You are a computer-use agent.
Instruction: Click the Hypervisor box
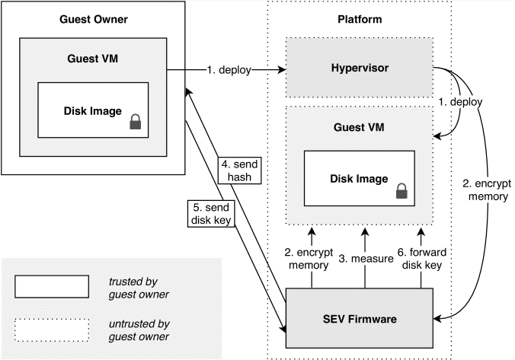point(360,67)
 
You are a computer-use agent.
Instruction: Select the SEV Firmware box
point(360,318)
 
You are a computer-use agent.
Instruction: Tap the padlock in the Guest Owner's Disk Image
point(136,122)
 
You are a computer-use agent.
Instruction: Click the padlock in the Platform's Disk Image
point(401,191)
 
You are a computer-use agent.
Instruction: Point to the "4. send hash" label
point(239,170)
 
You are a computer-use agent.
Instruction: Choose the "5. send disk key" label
point(211,213)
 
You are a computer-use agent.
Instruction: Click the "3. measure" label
point(366,259)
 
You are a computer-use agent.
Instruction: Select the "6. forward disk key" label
point(422,259)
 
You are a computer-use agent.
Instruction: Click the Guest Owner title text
point(94,19)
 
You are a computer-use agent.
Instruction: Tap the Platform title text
point(360,19)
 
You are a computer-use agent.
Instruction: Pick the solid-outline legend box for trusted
point(52,286)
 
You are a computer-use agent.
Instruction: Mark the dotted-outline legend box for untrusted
point(52,330)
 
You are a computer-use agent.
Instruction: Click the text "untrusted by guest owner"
point(139,330)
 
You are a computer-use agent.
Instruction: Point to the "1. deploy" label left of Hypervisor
point(229,70)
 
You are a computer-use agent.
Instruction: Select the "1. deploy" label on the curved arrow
point(460,102)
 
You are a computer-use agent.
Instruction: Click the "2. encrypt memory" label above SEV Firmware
point(309,259)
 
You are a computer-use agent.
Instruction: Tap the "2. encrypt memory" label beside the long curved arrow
point(487,190)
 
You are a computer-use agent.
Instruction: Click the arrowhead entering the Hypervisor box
point(282,69)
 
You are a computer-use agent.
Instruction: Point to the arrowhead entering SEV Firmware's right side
point(437,318)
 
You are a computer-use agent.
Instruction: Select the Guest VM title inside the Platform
point(359,127)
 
